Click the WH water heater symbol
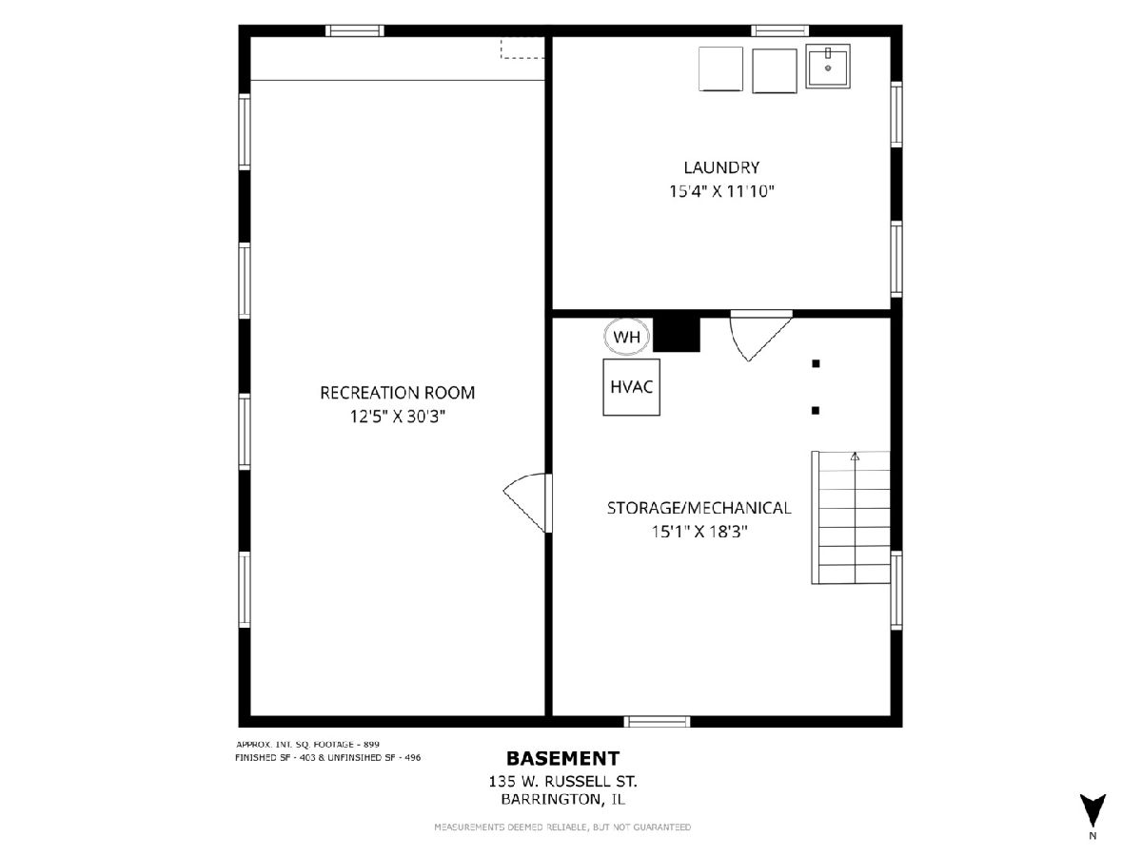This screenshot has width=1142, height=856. (626, 337)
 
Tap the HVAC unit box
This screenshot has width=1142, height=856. (632, 387)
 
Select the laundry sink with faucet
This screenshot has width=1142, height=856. (828, 66)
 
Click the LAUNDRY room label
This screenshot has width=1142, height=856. (721, 167)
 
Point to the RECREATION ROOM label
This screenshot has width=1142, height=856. (398, 393)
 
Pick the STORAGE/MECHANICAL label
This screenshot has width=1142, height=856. (699, 508)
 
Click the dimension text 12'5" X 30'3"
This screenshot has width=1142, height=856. (398, 417)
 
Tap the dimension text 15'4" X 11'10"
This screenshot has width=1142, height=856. (721, 191)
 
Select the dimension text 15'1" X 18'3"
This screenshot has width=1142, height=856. (699, 532)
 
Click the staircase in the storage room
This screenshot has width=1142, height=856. (851, 517)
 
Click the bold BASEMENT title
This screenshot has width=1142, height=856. (563, 759)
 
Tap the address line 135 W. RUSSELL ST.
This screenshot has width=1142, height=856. (563, 781)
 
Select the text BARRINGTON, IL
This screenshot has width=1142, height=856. (563, 799)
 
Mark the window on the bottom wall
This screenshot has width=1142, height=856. (657, 721)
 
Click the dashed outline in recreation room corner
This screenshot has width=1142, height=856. (522, 48)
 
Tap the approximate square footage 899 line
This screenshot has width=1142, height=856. (308, 745)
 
